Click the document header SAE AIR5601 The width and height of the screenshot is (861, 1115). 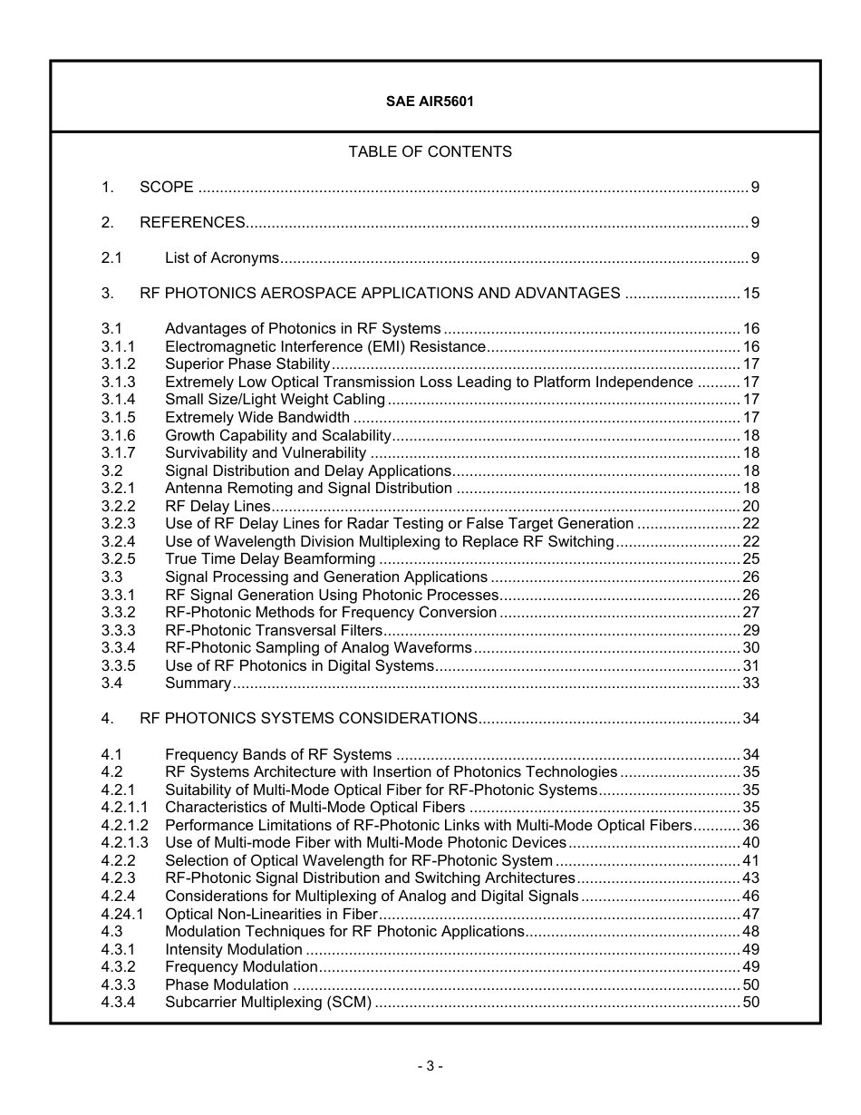(430, 102)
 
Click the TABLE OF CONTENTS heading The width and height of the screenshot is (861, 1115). (430, 151)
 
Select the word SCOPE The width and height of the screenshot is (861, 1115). (167, 188)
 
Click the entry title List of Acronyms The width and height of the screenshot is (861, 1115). (222, 258)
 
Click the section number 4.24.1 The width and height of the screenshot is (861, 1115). (122, 914)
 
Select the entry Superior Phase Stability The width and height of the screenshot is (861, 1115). (247, 364)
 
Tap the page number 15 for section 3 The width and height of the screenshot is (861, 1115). (750, 294)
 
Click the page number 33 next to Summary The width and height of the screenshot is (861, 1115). (750, 684)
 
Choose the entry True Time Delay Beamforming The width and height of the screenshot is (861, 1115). (270, 559)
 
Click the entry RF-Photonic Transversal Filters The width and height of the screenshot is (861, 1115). (274, 631)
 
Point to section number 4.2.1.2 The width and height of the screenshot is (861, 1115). (125, 826)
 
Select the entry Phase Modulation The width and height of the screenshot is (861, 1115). (227, 985)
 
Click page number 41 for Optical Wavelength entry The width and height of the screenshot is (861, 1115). (750, 861)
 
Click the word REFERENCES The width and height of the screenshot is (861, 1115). (192, 223)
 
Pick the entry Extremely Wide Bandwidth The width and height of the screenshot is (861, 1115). (257, 418)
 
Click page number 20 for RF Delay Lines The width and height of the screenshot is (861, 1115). (750, 507)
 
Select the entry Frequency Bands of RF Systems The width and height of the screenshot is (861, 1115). (278, 755)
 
